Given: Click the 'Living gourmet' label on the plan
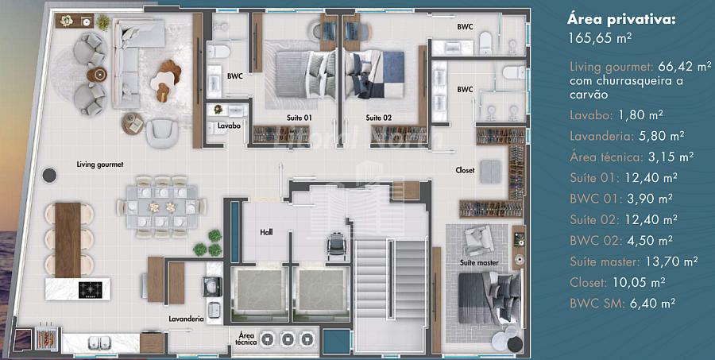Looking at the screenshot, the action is coord(100,165).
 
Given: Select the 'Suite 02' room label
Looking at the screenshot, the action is coord(378,118).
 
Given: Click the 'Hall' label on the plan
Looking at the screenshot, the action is coord(266,232).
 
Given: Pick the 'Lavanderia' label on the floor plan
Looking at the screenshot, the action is coord(186,319).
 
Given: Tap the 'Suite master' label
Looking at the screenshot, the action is coord(478,263).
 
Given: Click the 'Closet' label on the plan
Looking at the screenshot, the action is coord(465,170).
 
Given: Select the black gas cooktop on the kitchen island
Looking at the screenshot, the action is coord(91,290).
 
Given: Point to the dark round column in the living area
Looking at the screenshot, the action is coord(49,175).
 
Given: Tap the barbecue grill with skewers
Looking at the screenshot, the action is coord(47,338).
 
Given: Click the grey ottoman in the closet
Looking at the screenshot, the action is coord(491,172).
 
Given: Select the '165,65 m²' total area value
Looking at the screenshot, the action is coord(600,38).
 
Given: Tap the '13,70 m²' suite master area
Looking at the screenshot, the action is coord(672,261).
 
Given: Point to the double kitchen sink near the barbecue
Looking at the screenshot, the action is coord(99,341).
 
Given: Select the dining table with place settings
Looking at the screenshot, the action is coord(162,207).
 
